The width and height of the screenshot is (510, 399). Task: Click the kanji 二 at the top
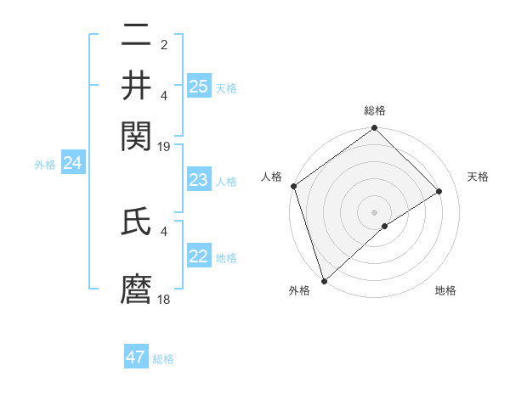coord(136,37)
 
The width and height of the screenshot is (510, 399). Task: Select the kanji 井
coord(136,85)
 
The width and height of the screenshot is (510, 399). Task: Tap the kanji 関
coord(136,133)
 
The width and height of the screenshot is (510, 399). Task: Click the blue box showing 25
coord(198,86)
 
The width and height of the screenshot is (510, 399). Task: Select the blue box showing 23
coord(198,180)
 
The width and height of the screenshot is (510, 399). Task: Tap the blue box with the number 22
coord(198,256)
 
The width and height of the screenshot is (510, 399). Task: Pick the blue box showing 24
coord(72,164)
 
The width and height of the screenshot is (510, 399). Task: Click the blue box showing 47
coord(136,357)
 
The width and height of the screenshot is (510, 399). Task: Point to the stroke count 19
coord(164,146)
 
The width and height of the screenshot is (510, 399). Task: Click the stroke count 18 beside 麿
coord(164,300)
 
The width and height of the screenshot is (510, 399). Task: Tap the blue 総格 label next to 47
coord(163,359)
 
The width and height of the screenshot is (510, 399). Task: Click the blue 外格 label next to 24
coord(44,165)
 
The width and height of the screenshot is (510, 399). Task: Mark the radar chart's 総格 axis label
coord(375,110)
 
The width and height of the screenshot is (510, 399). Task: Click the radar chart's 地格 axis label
coord(445,291)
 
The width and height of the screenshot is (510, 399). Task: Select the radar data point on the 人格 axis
coord(293,186)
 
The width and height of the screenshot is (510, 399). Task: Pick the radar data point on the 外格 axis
coord(324,280)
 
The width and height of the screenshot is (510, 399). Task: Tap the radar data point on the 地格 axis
coord(385,226)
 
